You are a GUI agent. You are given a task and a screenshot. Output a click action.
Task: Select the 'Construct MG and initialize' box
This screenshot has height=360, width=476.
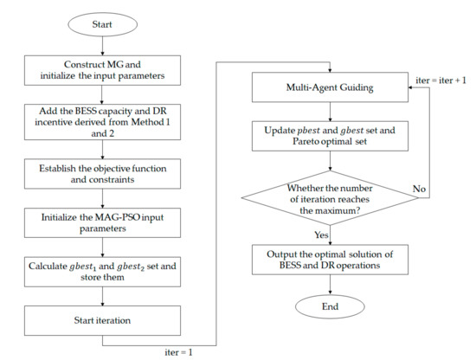[x=116, y=67]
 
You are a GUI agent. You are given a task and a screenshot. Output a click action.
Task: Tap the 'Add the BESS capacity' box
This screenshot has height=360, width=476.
[x=116, y=118]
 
